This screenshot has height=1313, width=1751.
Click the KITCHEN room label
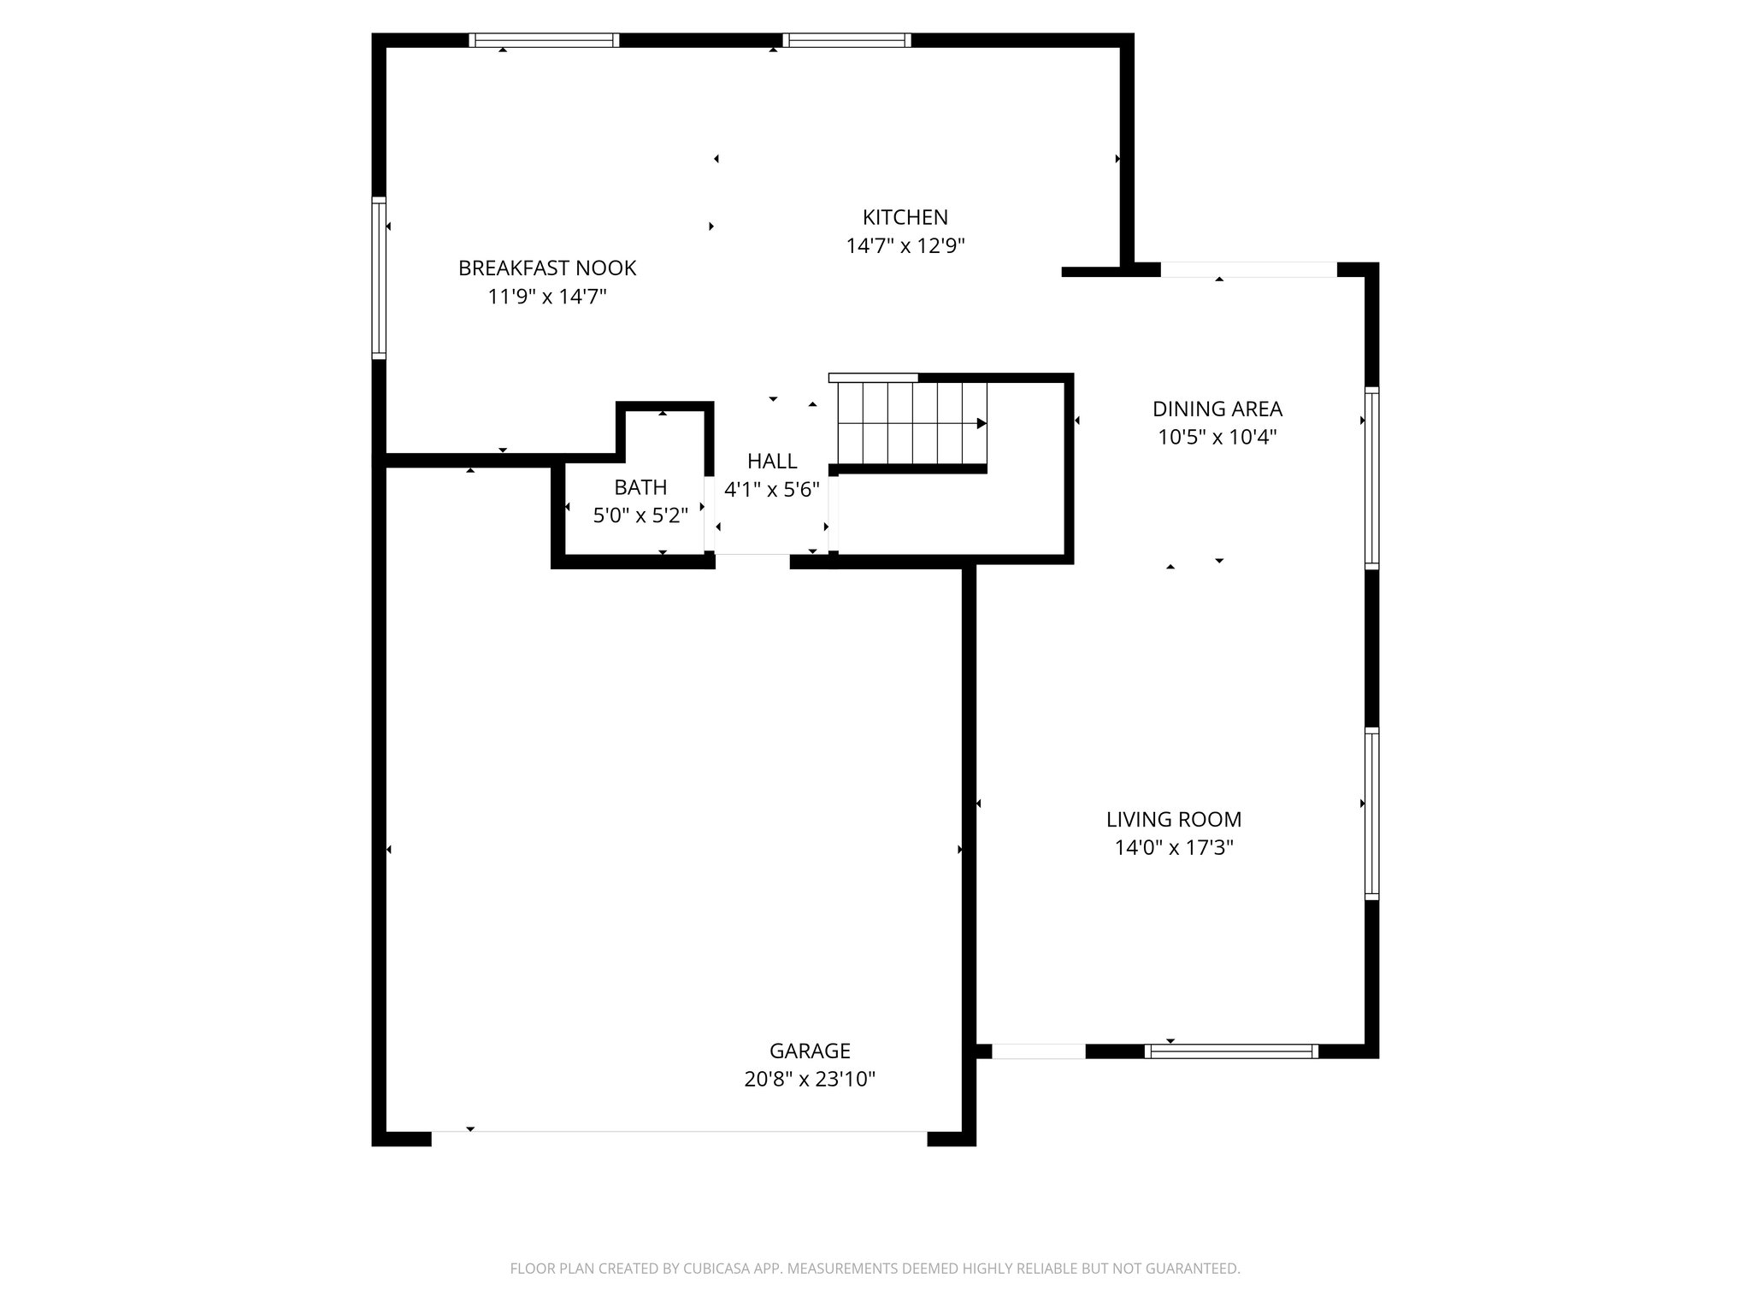click(x=905, y=217)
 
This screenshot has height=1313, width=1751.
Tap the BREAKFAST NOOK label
click(x=547, y=268)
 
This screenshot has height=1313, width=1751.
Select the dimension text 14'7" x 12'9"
click(x=905, y=246)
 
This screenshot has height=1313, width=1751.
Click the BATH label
click(x=640, y=487)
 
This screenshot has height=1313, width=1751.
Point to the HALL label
click(x=772, y=462)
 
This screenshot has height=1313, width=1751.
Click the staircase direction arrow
click(x=981, y=423)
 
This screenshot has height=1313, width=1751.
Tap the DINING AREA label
click(x=1217, y=409)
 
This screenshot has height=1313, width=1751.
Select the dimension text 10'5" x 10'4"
click(x=1217, y=438)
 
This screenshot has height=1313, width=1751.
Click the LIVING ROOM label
click(x=1173, y=819)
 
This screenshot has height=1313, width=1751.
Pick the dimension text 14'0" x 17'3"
click(x=1173, y=848)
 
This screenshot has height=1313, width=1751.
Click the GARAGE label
click(x=809, y=1051)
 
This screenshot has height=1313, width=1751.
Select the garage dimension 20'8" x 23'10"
click(x=809, y=1080)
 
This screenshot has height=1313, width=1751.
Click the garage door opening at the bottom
click(x=679, y=1137)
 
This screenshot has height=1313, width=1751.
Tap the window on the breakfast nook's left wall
click(x=379, y=277)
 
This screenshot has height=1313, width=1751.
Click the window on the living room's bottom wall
click(x=1231, y=1051)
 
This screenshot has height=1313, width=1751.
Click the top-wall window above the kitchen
click(x=846, y=40)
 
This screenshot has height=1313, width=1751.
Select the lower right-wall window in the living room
click(x=1371, y=813)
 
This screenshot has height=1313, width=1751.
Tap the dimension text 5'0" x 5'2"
click(x=640, y=516)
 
